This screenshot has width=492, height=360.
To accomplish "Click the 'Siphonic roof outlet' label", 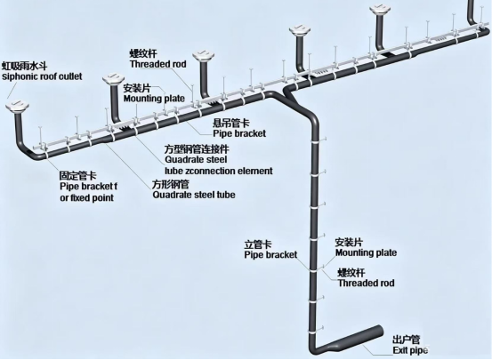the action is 42,76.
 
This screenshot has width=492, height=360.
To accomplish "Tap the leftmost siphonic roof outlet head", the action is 17,106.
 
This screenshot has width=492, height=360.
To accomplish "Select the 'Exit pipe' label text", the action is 410,350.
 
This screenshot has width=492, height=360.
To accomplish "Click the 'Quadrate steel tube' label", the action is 194,195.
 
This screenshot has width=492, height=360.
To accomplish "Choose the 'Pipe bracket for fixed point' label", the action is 88,192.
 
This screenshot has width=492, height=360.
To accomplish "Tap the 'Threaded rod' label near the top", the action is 158,64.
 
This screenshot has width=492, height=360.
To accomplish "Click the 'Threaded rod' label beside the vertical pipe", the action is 366,283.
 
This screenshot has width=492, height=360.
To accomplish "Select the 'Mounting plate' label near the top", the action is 154,98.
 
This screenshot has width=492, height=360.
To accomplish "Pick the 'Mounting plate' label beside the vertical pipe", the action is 366,252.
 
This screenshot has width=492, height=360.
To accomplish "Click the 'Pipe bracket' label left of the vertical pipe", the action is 270,254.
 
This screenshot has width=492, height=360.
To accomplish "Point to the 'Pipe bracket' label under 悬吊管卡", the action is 239,133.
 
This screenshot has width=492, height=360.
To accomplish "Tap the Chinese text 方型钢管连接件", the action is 197,148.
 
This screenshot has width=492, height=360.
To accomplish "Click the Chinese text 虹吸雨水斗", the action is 25,66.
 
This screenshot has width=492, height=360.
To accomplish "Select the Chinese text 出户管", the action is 406,340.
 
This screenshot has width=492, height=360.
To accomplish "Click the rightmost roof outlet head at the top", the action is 380,10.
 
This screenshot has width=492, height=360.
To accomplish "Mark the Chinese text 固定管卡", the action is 78,176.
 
